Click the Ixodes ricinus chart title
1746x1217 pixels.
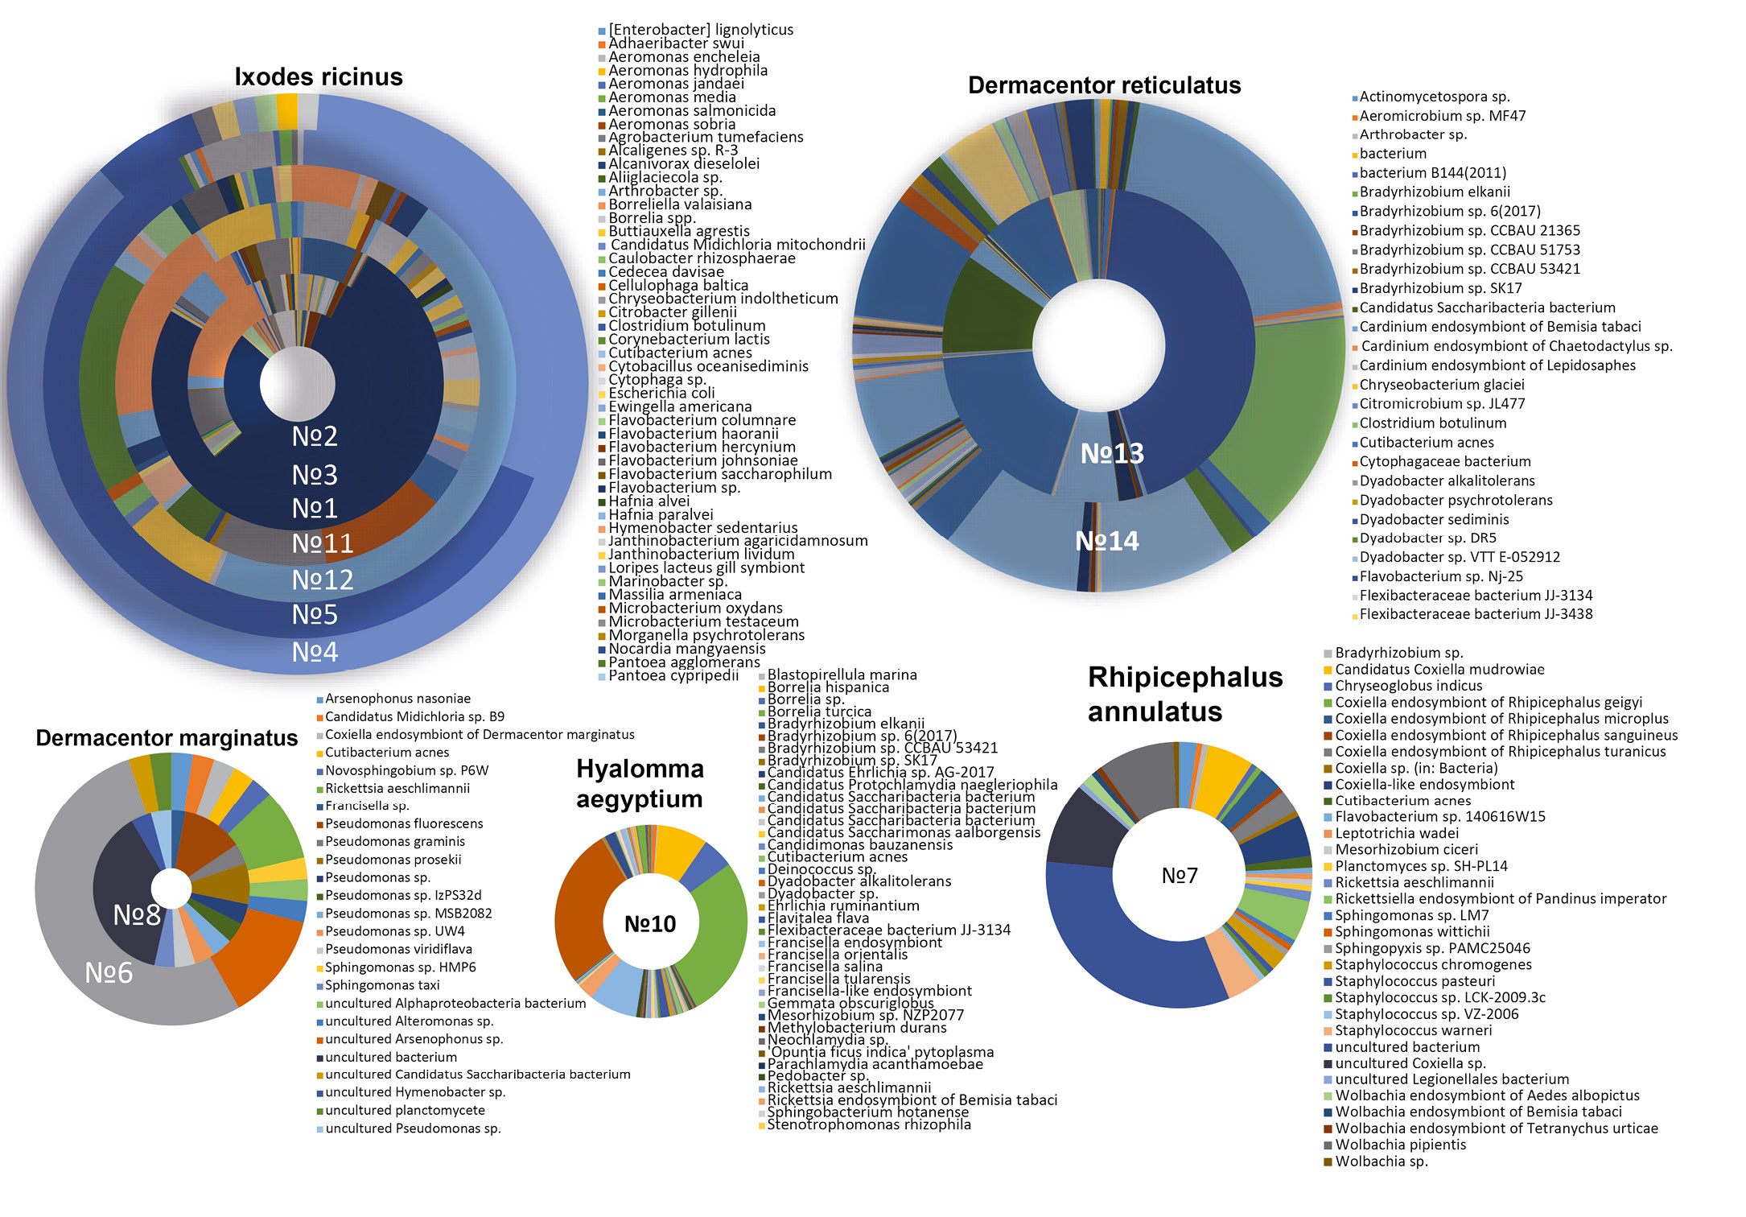[319, 77]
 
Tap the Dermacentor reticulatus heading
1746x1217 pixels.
[1104, 85]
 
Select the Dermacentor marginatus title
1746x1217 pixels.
[167, 738]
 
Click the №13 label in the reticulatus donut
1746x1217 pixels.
[1112, 454]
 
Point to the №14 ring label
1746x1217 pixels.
[1107, 541]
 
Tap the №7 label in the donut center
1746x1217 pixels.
[1180, 876]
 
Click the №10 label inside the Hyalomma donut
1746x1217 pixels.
[650, 924]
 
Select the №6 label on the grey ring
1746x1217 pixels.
[109, 973]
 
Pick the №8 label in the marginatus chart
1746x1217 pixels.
[137, 915]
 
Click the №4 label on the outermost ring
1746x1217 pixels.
[315, 652]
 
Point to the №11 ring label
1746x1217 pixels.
[322, 544]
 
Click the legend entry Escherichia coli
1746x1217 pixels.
[661, 394]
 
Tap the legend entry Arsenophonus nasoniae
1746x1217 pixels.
[397, 699]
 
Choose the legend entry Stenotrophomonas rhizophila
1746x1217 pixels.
[869, 1124]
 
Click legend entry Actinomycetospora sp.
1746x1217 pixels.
[1434, 97]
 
